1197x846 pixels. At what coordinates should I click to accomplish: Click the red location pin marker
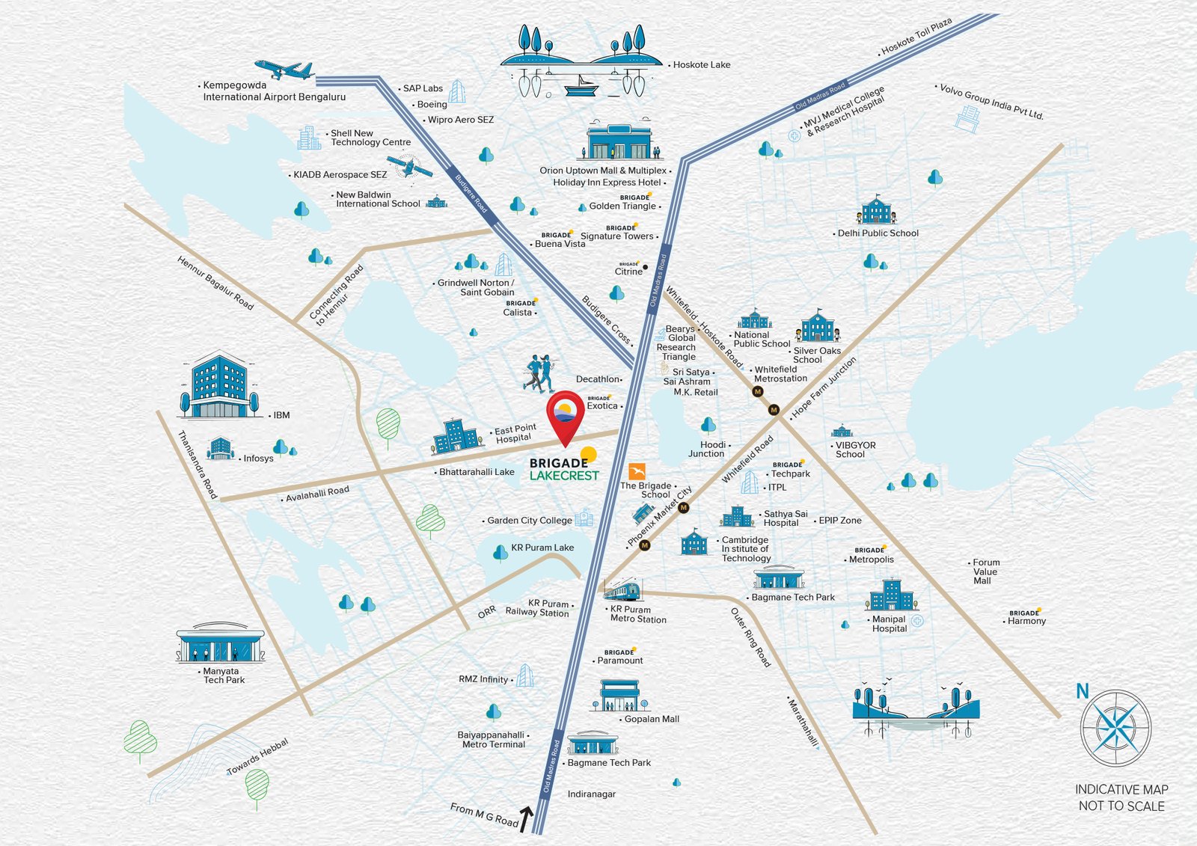[566, 415]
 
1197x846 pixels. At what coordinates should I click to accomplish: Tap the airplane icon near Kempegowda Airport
[284, 70]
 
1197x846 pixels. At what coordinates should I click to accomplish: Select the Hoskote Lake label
[701, 65]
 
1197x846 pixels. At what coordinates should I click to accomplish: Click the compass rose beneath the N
[1115, 728]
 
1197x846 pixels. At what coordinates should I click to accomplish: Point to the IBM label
[281, 415]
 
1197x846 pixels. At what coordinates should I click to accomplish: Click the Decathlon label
[598, 379]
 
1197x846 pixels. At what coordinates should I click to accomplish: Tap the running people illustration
[539, 373]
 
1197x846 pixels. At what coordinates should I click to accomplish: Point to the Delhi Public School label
[878, 233]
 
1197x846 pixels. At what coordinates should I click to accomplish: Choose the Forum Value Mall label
[985, 571]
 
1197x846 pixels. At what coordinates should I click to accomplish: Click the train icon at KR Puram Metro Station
[622, 590]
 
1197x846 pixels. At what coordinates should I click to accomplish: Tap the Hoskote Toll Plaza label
[916, 37]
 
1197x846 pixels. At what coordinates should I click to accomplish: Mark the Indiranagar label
[591, 794]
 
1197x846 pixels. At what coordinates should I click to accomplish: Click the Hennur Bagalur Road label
[215, 283]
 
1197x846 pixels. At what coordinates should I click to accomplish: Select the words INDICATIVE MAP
[1121, 789]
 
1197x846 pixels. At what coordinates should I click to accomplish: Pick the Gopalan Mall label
[652, 719]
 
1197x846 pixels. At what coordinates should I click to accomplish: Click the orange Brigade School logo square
[637, 472]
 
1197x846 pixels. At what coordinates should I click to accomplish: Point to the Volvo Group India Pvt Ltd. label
[991, 102]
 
